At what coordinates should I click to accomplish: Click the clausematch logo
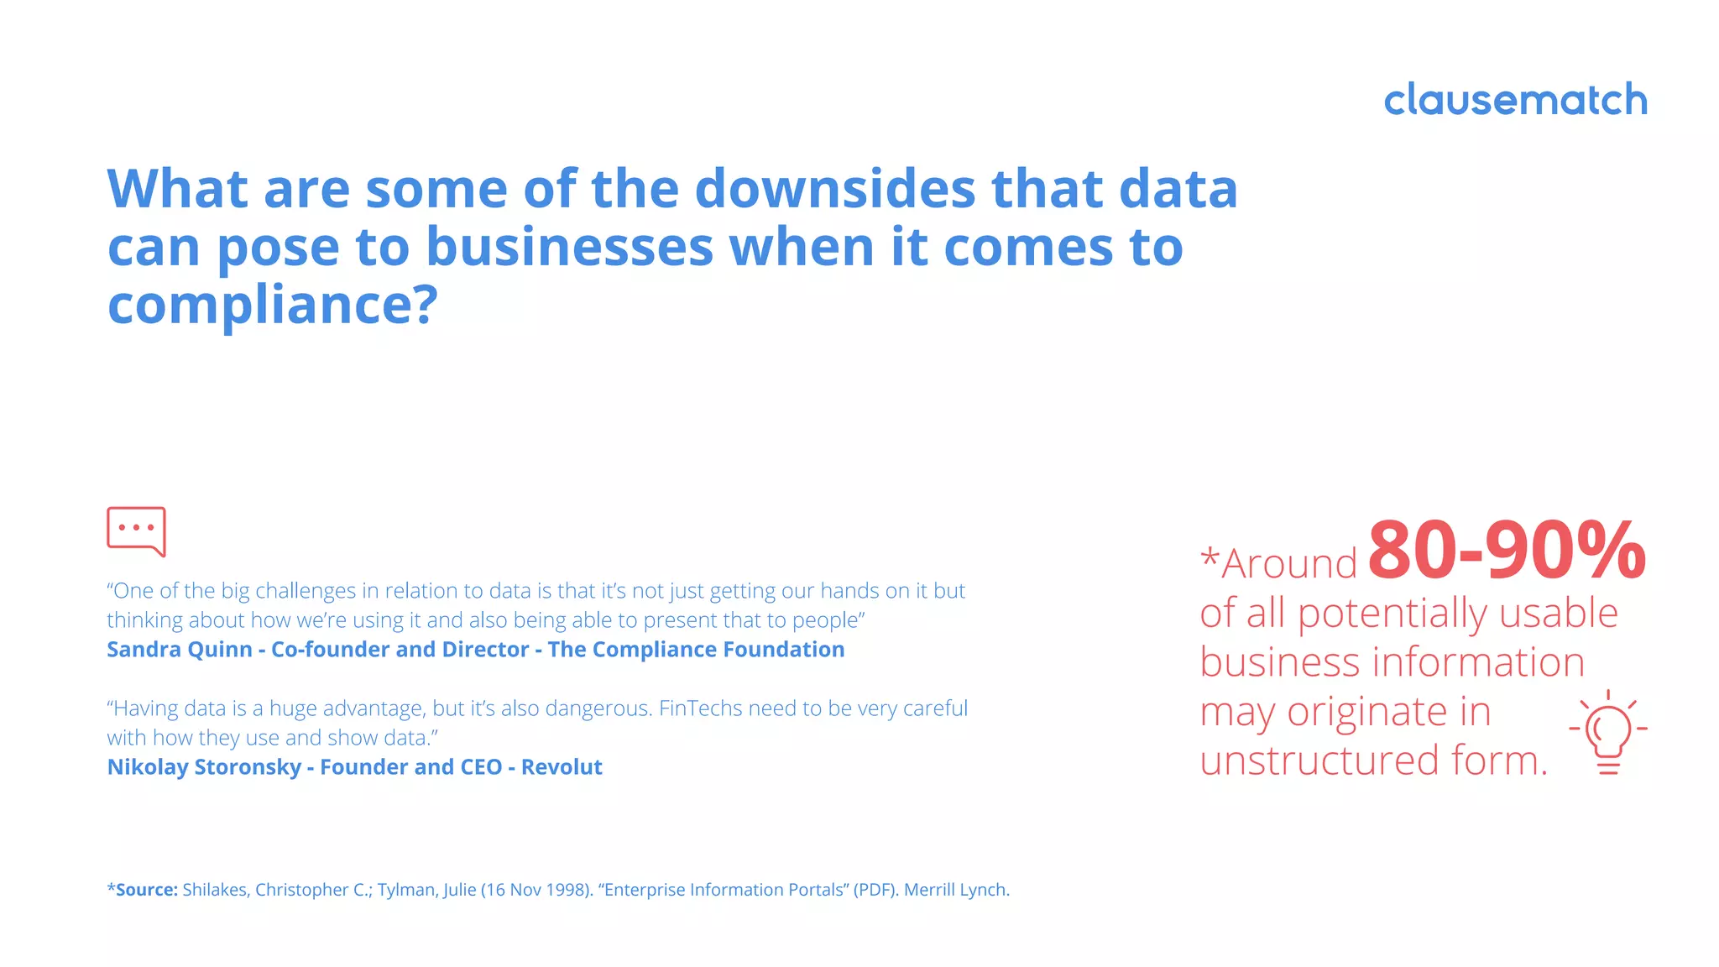coord(1515,100)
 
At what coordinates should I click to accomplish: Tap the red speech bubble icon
coord(136,531)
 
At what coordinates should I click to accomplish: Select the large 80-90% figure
coord(1507,551)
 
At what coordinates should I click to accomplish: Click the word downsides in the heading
coord(835,189)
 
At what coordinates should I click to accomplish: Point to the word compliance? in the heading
coord(273,305)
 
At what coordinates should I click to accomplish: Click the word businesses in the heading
coord(569,248)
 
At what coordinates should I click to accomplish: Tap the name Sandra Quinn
coord(180,650)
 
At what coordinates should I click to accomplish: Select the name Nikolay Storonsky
coord(204,767)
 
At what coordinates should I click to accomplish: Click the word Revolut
coord(562,767)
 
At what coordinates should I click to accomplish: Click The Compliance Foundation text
coord(696,650)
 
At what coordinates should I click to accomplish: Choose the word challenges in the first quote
coord(306,591)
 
